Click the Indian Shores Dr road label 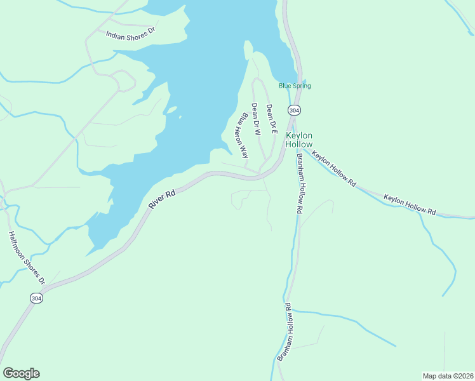[x=131, y=33]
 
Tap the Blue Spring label [x=295, y=86]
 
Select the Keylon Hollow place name [x=300, y=140]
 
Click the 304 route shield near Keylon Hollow [x=293, y=110]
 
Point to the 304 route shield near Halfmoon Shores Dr [x=37, y=297]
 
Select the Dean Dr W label [x=257, y=119]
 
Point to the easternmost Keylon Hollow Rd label [x=410, y=204]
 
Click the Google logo [x=21, y=373]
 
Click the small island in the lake [x=171, y=110]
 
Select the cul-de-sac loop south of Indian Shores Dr [x=125, y=81]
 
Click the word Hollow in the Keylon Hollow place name [x=300, y=144]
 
